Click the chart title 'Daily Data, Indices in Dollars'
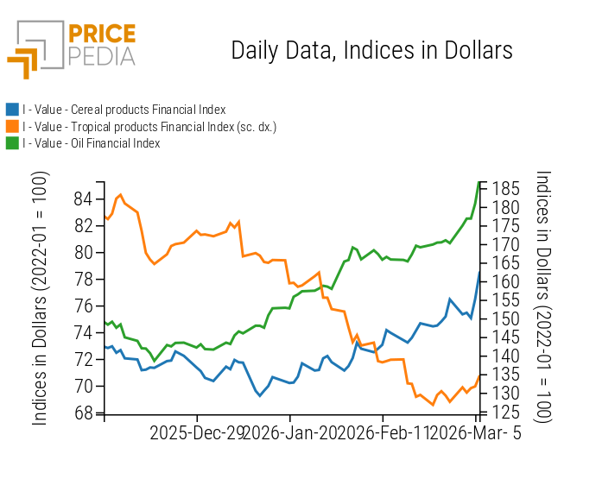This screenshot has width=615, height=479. click(x=371, y=51)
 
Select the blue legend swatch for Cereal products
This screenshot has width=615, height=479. click(x=12, y=110)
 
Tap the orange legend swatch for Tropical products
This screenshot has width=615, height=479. click(x=12, y=127)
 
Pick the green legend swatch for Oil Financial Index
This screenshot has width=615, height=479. click(x=12, y=143)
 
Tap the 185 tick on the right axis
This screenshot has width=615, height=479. click(x=507, y=188)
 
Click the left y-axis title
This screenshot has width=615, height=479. click(x=41, y=298)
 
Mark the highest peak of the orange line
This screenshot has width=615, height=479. click(x=120, y=194)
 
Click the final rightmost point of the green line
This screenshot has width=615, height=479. click(x=479, y=182)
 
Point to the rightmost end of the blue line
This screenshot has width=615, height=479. click(x=479, y=272)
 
